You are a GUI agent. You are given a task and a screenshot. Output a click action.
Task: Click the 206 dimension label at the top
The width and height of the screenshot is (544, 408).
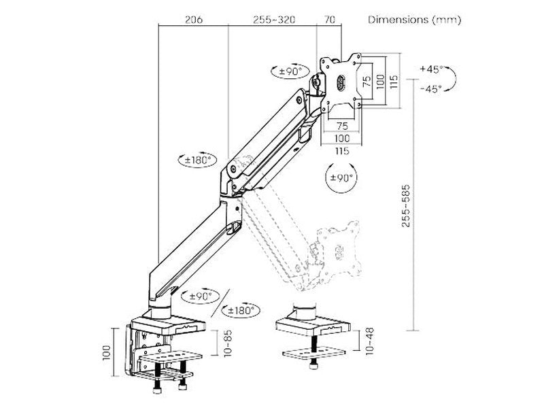tap(192, 20)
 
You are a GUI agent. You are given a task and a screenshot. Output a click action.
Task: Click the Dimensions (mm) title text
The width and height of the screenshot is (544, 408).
tap(414, 20)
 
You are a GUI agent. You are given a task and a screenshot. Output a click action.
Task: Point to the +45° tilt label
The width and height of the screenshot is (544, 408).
tap(430, 69)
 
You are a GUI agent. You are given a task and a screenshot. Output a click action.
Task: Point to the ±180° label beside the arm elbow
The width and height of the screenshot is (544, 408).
tap(199, 160)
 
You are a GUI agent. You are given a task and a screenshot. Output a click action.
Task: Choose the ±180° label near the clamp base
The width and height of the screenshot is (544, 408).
tap(242, 310)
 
